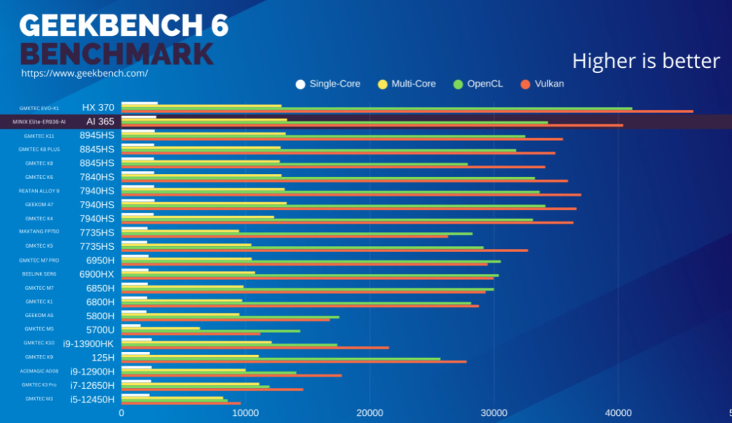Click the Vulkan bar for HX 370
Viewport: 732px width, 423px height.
pyautogui.click(x=407, y=111)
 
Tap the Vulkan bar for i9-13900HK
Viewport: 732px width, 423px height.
pyautogui.click(x=255, y=348)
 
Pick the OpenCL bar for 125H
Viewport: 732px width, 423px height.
pyautogui.click(x=281, y=359)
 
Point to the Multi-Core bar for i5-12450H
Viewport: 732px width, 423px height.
pyautogui.click(x=172, y=397)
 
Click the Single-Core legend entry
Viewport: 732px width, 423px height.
pyautogui.click(x=328, y=84)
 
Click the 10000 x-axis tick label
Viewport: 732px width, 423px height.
pyautogui.click(x=245, y=413)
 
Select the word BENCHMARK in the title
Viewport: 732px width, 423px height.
pyautogui.click(x=117, y=54)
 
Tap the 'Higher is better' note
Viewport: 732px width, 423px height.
pyautogui.click(x=646, y=61)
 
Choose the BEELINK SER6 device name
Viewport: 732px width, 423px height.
pyautogui.click(x=39, y=274)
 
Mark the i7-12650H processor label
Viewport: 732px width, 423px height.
pyautogui.click(x=92, y=385)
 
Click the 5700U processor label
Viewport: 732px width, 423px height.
pyautogui.click(x=100, y=329)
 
